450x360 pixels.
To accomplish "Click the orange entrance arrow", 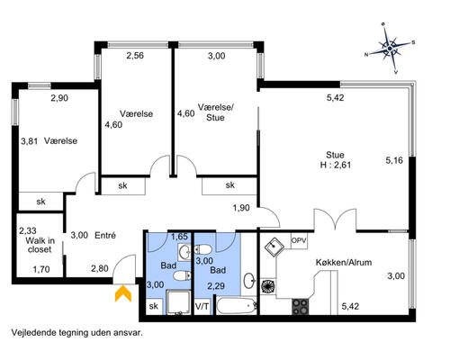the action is pos(123,295).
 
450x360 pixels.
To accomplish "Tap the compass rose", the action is pos(390,48).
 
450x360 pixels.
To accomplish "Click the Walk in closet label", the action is pos(40,245).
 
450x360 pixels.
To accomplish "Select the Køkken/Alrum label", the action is pos(344,263).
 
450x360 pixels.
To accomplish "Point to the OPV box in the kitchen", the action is pos(299,241).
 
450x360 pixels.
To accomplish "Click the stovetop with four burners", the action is pos(300,307).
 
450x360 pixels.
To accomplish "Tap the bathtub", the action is pos(237,306).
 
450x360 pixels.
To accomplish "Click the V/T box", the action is pos(202,307).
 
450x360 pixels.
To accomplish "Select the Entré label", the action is pos(105,236).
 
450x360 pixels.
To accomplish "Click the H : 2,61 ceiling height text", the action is pos(336,165).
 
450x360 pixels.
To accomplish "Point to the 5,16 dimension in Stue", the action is pos(394,160).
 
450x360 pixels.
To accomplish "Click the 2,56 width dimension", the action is pos(135,56).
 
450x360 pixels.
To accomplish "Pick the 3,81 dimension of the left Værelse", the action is pos(30,141).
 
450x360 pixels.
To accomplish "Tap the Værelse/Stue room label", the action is pos(215,112).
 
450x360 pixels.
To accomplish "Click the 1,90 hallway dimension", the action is pos(241,208).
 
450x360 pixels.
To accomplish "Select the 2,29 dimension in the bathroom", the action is pos(216,286).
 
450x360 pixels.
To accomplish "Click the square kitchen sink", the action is pos(274,247).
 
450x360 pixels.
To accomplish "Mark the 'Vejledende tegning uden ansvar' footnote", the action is pos(77,333).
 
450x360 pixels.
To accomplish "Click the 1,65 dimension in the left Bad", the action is pos(179,237).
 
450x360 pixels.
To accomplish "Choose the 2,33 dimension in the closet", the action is pos(28,230).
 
